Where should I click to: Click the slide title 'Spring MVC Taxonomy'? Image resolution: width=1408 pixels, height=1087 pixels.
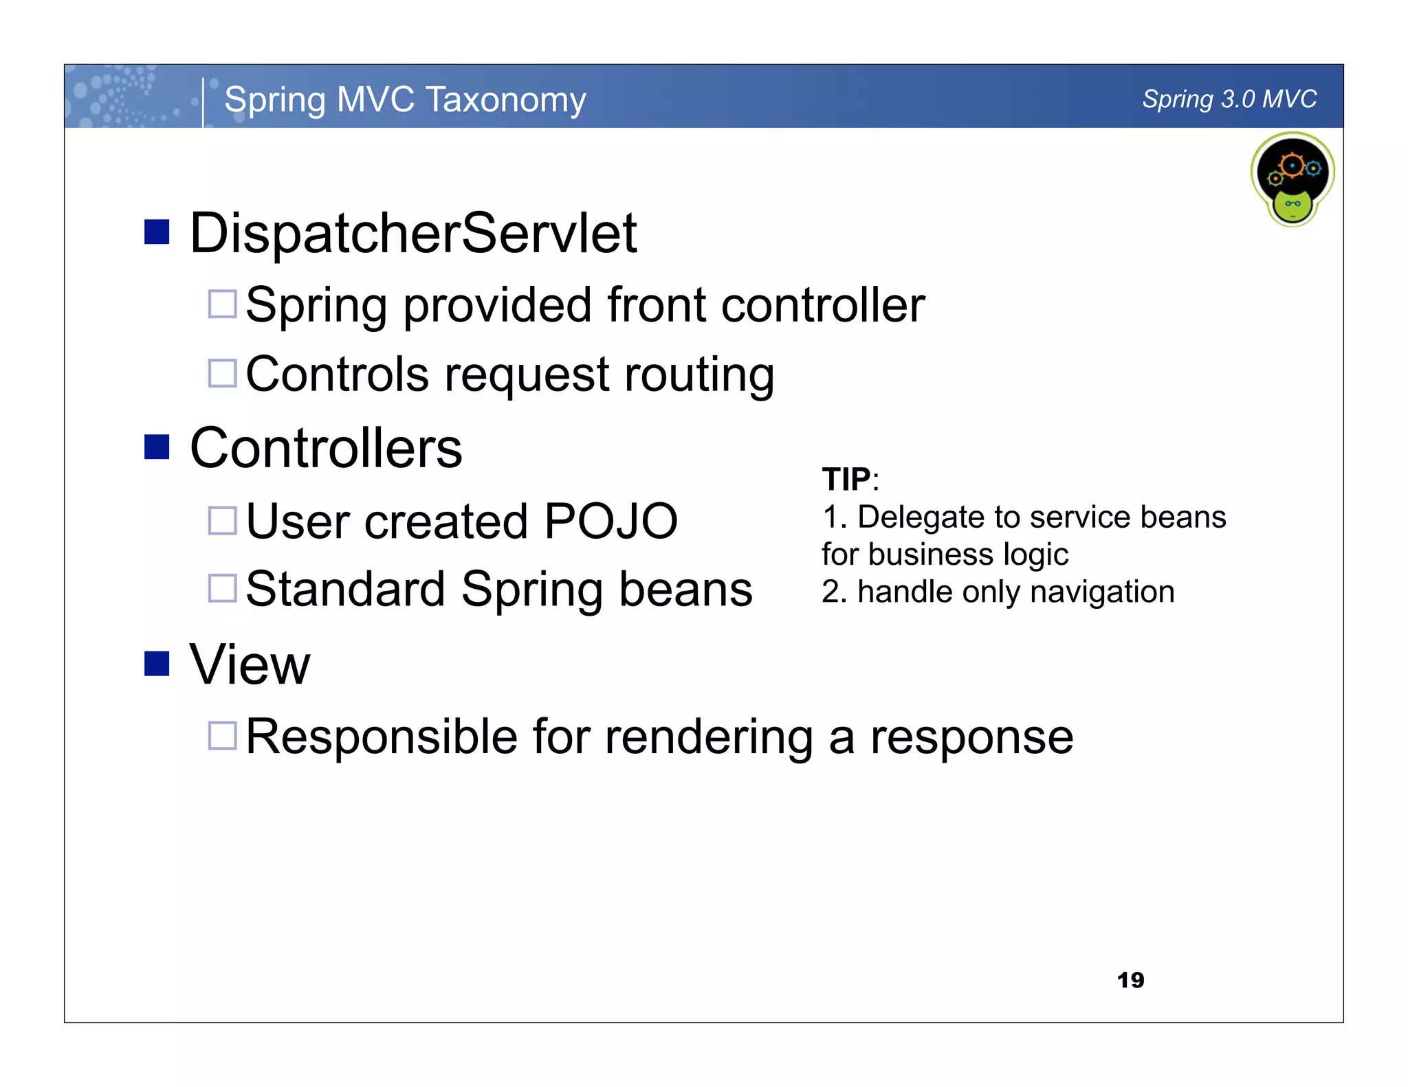[x=405, y=100]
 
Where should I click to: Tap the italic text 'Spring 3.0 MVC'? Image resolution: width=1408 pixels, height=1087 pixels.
[x=1229, y=100]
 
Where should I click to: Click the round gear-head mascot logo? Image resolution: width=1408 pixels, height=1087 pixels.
[x=1292, y=179]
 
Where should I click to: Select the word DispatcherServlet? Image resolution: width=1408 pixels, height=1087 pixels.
[x=413, y=234]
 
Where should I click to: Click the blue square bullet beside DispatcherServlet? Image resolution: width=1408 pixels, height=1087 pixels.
[x=157, y=232]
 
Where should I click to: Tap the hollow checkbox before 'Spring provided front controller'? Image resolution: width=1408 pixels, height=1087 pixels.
[x=222, y=304]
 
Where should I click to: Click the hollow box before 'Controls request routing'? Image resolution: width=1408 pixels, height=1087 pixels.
[x=222, y=373]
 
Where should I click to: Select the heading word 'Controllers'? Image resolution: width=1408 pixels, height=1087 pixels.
[x=326, y=449]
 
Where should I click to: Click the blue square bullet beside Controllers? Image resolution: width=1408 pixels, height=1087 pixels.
[x=157, y=447]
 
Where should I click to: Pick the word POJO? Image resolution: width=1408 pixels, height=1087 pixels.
[x=610, y=521]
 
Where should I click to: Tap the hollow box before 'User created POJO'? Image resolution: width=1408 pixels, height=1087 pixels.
[x=222, y=520]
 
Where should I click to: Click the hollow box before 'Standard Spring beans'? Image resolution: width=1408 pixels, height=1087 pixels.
[x=222, y=588]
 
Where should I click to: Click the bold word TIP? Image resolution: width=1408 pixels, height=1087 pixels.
[x=846, y=480]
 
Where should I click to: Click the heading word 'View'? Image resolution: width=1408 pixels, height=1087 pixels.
[x=250, y=665]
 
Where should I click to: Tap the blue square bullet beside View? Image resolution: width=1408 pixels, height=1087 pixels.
[x=157, y=663]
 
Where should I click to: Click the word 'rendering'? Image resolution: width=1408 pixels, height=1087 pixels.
[x=708, y=737]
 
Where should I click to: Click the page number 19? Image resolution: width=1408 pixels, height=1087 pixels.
[x=1130, y=980]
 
